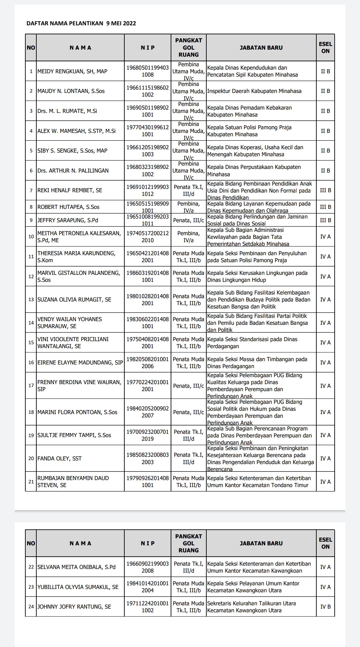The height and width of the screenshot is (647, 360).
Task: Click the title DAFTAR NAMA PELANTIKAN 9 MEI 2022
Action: coord(81,23)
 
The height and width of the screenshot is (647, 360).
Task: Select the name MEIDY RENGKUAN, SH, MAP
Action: coord(72,71)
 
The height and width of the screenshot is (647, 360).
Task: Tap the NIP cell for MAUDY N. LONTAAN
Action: coord(148,91)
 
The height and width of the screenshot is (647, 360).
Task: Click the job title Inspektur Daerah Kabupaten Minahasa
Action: coord(254,91)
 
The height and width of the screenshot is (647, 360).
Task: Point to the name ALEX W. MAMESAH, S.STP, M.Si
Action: coord(76,131)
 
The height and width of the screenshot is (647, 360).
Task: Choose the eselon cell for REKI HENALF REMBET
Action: coord(325,190)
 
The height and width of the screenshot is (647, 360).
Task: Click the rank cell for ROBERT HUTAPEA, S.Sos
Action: coord(188,207)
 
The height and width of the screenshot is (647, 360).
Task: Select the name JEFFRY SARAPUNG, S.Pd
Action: coord(68,220)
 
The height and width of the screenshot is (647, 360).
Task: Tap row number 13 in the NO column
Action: coord(31,300)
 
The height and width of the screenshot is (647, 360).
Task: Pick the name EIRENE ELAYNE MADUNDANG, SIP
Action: coord(80,362)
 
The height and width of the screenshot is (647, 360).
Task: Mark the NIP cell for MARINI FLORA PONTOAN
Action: coord(148,412)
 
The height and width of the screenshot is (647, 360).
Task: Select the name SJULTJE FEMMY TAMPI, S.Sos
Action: coord(74,435)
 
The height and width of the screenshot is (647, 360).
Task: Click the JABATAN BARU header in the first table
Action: coord(261,48)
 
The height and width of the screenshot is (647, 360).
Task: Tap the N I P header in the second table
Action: coord(148,543)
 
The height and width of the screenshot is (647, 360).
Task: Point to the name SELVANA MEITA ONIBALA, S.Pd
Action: coord(76,567)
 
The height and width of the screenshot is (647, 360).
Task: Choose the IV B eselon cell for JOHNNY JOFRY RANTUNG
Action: coord(325,607)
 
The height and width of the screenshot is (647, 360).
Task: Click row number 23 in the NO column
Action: coord(31,587)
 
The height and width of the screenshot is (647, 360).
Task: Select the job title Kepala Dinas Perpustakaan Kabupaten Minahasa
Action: coord(254,171)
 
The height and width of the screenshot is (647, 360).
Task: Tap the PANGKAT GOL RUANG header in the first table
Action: coord(188,48)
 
